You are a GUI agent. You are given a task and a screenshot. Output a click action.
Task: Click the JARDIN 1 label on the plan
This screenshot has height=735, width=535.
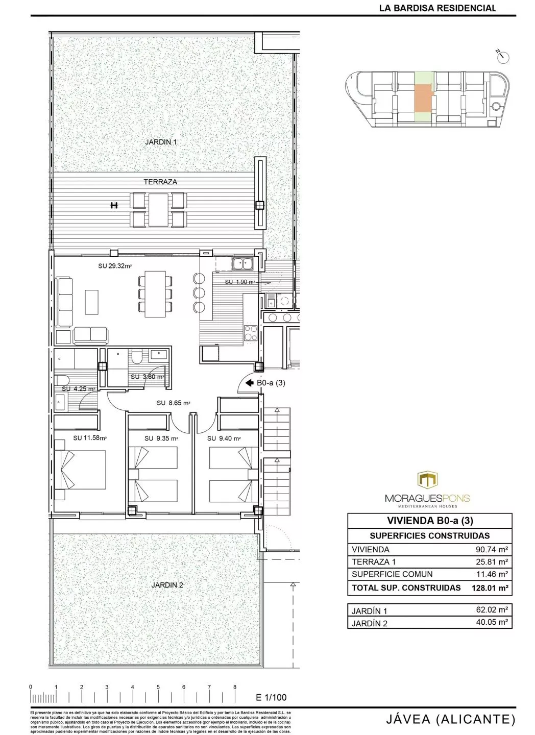coord(161,142)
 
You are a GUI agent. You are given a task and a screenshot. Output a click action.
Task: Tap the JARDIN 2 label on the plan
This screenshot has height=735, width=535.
coord(167,585)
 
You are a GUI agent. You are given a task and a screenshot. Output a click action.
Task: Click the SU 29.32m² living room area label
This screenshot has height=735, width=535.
coord(115,266)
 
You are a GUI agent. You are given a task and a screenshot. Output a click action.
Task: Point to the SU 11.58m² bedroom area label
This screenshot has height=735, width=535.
coord(89,438)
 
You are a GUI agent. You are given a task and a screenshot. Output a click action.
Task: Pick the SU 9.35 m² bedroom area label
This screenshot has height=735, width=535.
coord(161,438)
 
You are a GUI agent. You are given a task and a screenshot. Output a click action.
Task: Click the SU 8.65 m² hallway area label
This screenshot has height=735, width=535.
coord(174,403)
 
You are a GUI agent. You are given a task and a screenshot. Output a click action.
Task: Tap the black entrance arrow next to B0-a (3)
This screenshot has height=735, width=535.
coord(249,383)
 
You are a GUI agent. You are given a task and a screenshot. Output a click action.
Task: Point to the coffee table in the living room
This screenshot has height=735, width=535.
coord(91,302)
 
